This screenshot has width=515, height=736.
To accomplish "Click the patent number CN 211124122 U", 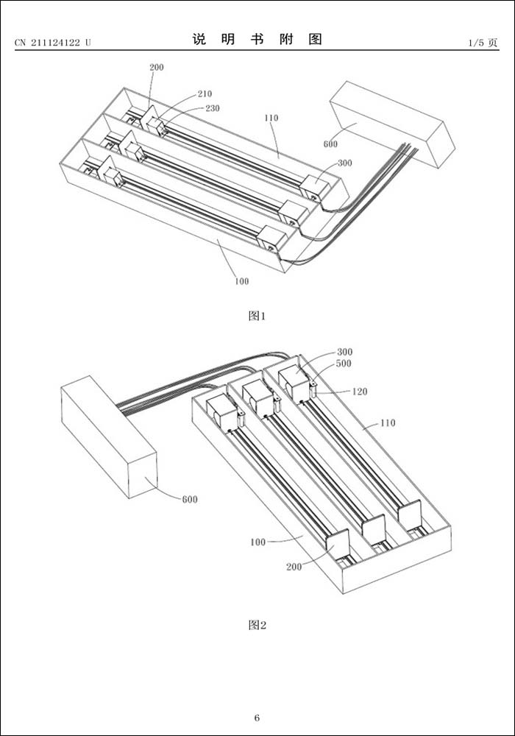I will tap(53, 43).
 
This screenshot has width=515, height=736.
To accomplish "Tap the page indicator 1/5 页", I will tap(483, 43).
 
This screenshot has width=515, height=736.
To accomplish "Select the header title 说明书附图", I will tap(257, 40).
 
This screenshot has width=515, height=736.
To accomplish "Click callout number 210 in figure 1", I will tap(204, 94).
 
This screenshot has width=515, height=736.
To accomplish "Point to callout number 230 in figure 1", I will tap(212, 108).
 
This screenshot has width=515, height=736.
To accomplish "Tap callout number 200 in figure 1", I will tap(157, 67).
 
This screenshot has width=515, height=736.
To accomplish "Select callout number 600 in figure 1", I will tap(331, 144).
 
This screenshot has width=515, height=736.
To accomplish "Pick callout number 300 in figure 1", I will tap(344, 163).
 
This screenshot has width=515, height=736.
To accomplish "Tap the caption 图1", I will tap(257, 316).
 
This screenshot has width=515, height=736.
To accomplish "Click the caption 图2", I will tap(257, 625).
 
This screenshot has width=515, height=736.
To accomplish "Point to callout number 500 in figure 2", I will tap(344, 364).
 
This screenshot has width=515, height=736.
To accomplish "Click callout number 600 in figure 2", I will tap(190, 500).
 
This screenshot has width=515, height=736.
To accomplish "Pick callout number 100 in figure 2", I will tap(257, 542).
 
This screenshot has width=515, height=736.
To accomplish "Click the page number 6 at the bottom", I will tap(257, 718).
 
